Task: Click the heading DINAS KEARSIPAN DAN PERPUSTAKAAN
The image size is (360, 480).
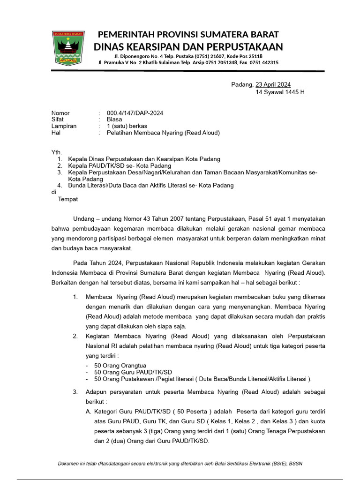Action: [188, 47]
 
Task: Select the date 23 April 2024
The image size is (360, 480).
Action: [273, 85]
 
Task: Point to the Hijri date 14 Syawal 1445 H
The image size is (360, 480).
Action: [280, 92]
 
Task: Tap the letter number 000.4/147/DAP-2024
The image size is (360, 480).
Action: [135, 113]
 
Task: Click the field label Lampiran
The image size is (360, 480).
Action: [64, 126]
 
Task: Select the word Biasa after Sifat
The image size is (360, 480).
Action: [114, 120]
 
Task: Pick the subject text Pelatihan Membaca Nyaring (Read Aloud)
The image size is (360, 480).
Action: [163, 133]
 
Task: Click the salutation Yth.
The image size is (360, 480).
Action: [56, 153]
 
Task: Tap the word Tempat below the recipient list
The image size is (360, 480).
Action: [68, 199]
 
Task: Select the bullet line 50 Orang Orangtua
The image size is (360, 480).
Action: [120, 366]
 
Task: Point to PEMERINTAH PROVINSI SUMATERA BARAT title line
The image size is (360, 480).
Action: [188, 35]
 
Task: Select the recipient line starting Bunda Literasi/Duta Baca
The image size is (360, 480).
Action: [150, 186]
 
